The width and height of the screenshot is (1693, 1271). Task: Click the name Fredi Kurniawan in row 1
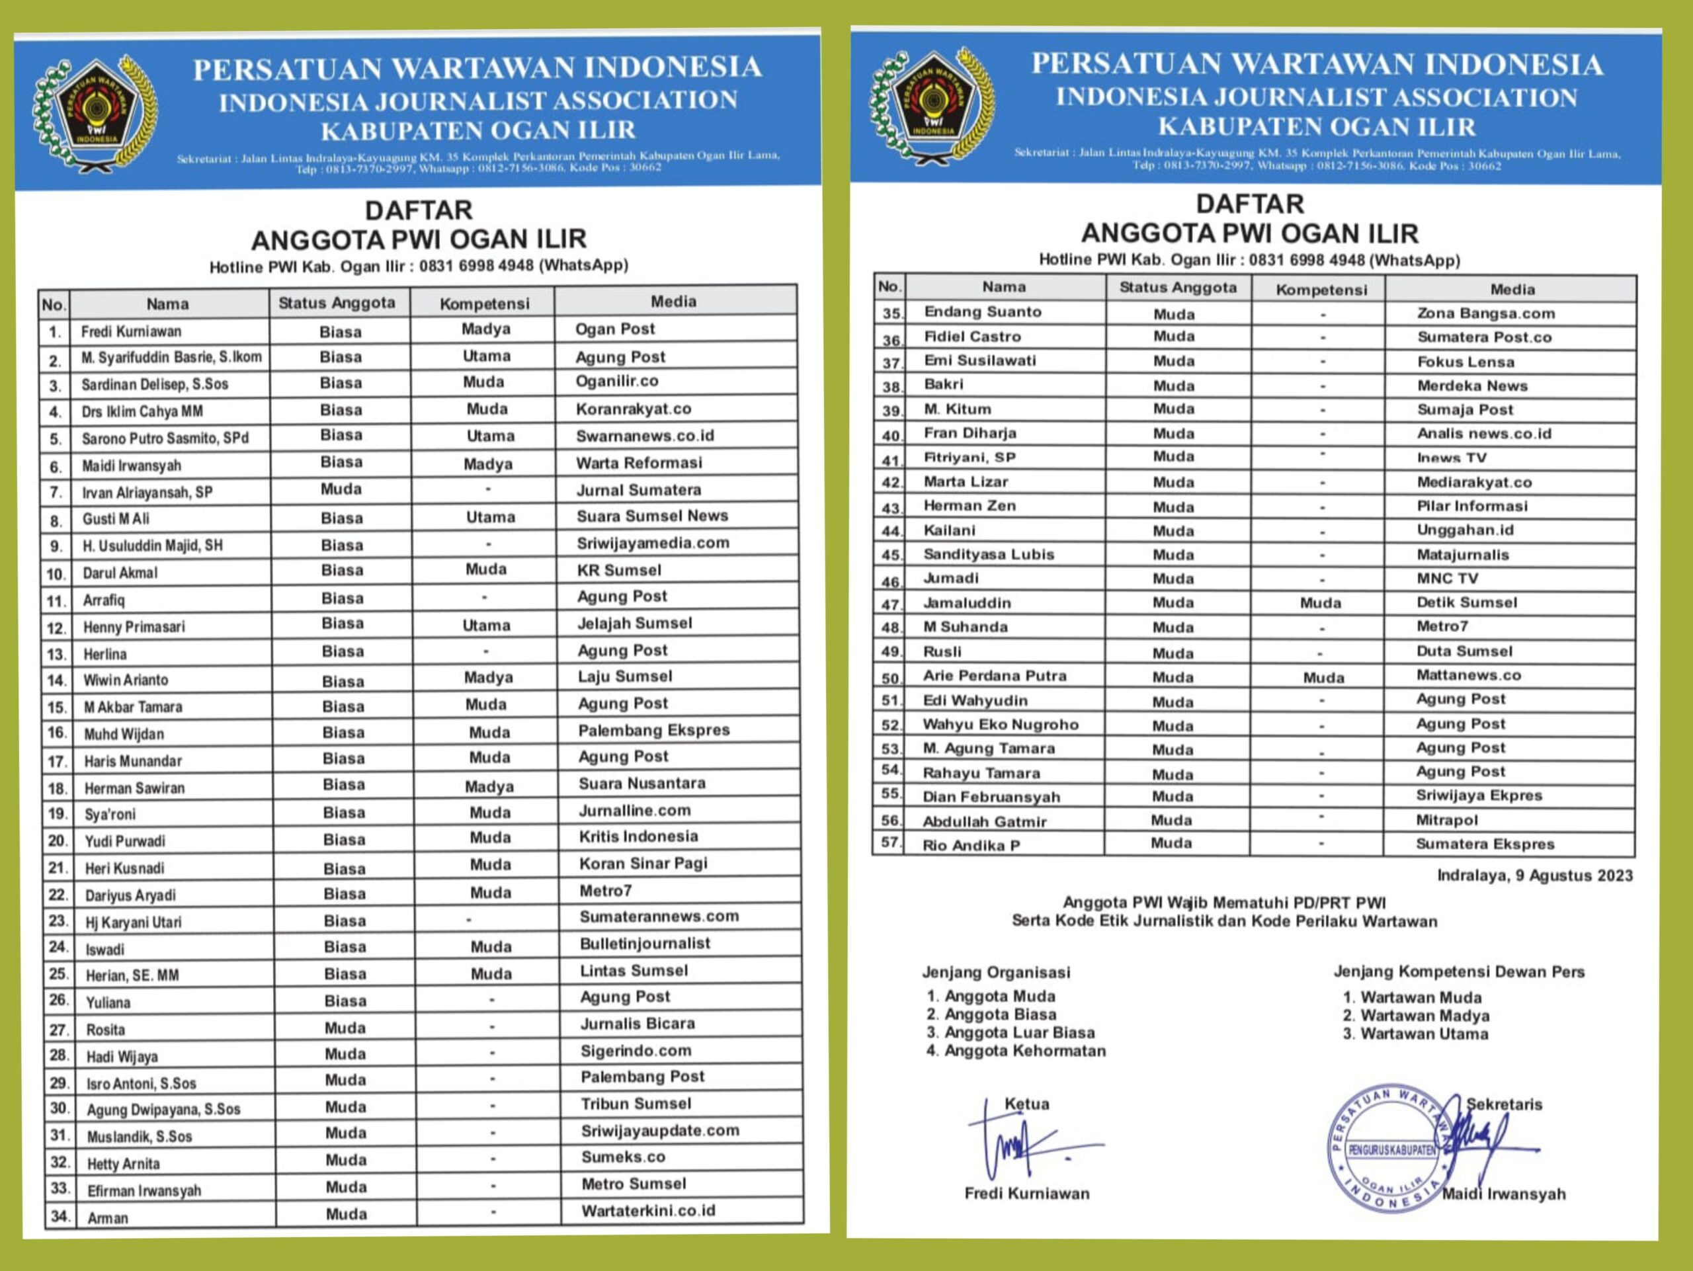[x=131, y=331]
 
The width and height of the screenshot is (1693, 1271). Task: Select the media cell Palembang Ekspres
[x=653, y=730]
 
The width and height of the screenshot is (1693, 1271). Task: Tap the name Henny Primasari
[x=134, y=627]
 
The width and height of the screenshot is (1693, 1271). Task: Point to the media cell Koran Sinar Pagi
[x=643, y=863]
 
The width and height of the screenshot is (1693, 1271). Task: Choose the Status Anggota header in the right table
[x=1177, y=288]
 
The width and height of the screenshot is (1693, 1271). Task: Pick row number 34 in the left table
[x=60, y=1215]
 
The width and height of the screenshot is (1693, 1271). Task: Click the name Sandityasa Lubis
[x=988, y=554]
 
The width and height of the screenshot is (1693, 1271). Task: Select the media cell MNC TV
[x=1446, y=579]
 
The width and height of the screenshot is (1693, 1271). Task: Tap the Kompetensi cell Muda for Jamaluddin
[x=1319, y=603]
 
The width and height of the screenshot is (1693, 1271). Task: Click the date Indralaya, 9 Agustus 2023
[x=1534, y=876]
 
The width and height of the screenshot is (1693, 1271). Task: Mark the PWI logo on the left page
[x=96, y=111]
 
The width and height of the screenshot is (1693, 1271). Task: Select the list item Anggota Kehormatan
[x=1024, y=1051]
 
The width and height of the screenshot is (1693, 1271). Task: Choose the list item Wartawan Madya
[x=1425, y=1016]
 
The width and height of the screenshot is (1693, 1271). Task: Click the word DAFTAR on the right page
[x=1249, y=204]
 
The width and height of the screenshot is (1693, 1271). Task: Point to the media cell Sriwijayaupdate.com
[x=660, y=1130]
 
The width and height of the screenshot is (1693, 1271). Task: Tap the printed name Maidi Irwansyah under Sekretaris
[x=1503, y=1194]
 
